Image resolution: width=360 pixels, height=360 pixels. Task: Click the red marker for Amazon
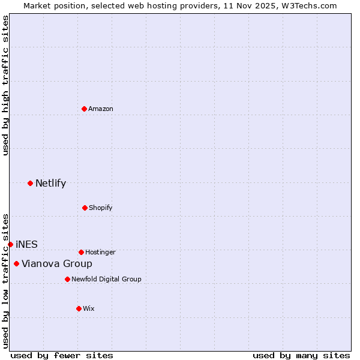pyautogui.click(x=84, y=109)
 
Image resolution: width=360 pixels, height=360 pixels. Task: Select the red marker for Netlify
pyautogui.click(x=30, y=183)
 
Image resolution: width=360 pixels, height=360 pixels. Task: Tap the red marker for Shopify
pyautogui.click(x=85, y=208)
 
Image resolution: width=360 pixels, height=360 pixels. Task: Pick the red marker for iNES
pyautogui.click(x=10, y=244)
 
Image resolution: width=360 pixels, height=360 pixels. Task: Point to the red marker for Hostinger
pyautogui.click(x=81, y=252)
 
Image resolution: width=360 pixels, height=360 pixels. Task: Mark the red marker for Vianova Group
pyautogui.click(x=16, y=263)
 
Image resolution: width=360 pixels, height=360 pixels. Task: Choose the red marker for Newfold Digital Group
pyautogui.click(x=67, y=279)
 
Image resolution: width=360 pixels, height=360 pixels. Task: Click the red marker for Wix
pyautogui.click(x=79, y=308)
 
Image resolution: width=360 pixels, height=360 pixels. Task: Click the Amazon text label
pyautogui.click(x=101, y=109)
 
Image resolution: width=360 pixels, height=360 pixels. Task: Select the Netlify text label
pyautogui.click(x=50, y=183)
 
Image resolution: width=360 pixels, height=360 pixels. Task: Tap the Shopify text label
pyautogui.click(x=101, y=208)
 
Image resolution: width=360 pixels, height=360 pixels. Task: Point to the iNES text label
pyautogui.click(x=26, y=244)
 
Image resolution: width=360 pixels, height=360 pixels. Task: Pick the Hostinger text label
pyautogui.click(x=100, y=252)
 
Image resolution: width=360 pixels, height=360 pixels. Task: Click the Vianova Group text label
pyautogui.click(x=57, y=263)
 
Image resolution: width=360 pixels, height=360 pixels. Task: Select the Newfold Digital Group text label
pyautogui.click(x=106, y=279)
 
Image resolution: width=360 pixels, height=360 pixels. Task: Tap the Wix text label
pyautogui.click(x=89, y=308)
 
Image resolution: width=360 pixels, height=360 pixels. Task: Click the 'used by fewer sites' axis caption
pyautogui.click(x=62, y=355)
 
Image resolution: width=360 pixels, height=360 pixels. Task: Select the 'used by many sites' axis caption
pyautogui.click(x=301, y=355)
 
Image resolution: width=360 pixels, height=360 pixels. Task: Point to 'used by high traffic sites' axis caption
pyautogui.click(x=5, y=85)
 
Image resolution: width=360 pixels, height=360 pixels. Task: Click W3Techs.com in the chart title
pyautogui.click(x=309, y=5)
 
